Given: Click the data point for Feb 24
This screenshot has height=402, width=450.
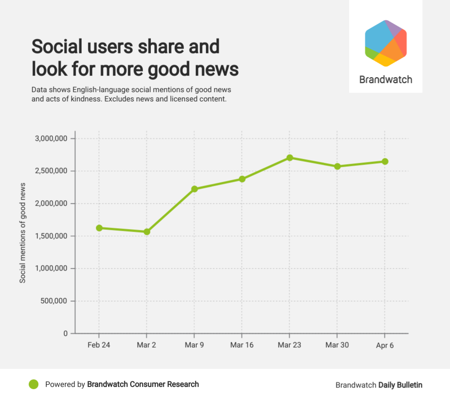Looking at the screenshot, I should [99, 228].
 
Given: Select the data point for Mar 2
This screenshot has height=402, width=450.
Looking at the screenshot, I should [147, 232].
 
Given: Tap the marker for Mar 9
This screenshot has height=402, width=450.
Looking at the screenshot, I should [195, 189].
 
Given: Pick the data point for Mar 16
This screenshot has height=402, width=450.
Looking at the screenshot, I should [242, 179].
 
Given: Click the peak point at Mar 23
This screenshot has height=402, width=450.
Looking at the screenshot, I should [290, 158].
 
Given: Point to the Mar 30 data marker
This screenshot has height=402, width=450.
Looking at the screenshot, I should [337, 166].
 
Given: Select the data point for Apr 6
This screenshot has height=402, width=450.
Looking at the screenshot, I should [385, 162].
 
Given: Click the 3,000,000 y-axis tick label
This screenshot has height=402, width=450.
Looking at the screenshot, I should [51, 139].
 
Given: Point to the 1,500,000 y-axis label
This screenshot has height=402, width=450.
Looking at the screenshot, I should [51, 236].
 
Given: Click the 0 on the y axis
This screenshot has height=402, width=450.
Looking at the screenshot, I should [65, 334].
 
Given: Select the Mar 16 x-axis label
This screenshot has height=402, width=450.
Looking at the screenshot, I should [242, 345].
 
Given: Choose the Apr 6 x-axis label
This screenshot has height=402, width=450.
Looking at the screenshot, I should [385, 345].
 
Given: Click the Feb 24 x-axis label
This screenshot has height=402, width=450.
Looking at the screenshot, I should [99, 345].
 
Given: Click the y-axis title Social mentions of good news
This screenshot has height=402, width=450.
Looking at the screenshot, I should [22, 233].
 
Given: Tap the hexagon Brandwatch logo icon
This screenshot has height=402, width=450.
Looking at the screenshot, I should [386, 43].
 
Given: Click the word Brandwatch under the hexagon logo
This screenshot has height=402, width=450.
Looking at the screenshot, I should [386, 80].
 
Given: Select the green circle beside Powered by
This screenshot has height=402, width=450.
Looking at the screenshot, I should [34, 384].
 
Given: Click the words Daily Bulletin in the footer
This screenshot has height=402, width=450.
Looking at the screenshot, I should [400, 385].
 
